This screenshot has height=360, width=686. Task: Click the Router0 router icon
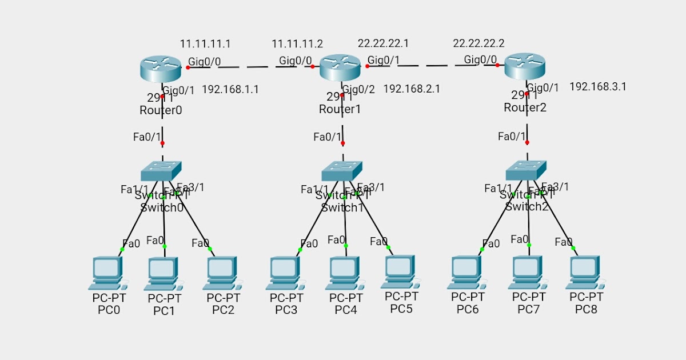160,69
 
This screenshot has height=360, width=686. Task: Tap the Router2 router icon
525,66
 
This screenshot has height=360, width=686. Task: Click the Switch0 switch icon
161,170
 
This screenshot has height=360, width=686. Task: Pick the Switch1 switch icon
342,170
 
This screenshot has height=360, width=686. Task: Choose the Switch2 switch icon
527,170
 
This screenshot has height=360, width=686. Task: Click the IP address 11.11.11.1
205,43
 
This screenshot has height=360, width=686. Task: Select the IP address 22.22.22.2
478,43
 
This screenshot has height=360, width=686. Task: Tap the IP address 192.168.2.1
412,89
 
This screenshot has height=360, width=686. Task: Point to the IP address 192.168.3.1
598,87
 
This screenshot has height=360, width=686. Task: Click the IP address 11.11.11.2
297,44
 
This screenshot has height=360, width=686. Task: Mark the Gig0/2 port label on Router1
358,89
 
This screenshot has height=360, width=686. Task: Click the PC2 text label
223,310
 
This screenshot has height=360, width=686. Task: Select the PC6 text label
468,309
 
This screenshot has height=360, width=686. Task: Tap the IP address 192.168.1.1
230,89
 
